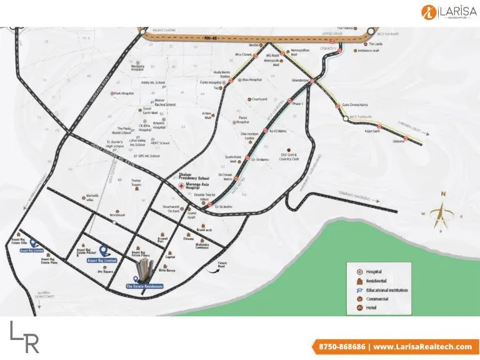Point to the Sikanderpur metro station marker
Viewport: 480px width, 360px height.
click(x=311, y=81)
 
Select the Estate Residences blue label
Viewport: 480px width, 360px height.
click(x=144, y=286)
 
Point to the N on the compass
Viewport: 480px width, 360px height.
click(x=443, y=194)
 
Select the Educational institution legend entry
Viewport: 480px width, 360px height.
click(x=386, y=291)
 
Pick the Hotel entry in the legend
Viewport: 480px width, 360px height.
click(x=373, y=308)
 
